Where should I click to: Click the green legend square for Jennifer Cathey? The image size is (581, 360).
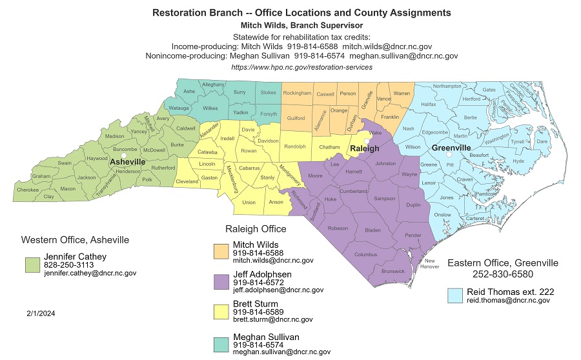(32, 265)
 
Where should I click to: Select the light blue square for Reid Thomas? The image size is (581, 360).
(456, 295)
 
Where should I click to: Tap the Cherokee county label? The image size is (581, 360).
(27, 190)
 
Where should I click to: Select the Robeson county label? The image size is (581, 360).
(338, 228)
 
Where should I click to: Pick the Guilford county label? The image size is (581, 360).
(296, 118)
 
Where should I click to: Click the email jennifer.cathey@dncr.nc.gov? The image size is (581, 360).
(90, 274)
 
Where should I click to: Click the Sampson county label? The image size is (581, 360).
(385, 199)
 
